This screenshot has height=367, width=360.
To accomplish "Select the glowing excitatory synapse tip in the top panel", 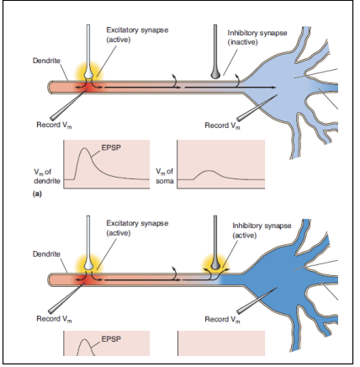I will coord(89,75).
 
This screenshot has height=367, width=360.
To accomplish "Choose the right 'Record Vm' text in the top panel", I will coord(224,125).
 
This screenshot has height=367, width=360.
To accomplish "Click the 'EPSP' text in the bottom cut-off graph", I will coord(110,339).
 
